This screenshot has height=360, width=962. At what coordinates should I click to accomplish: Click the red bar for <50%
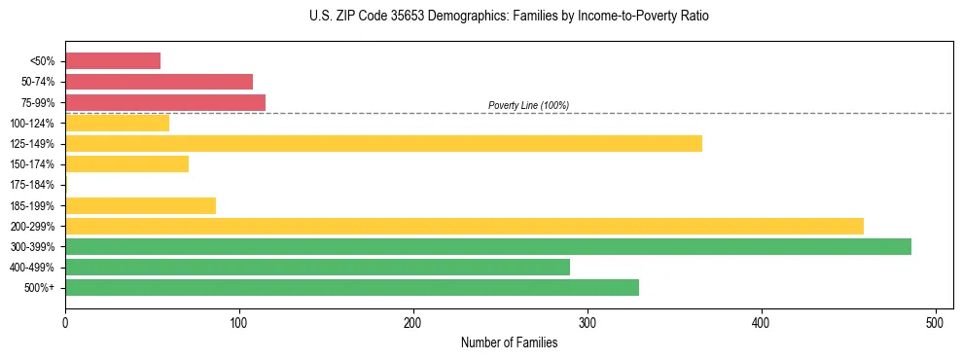(113, 60)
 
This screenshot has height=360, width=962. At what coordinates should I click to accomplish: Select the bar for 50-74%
(159, 82)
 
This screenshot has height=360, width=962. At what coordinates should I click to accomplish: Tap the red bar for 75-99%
(165, 102)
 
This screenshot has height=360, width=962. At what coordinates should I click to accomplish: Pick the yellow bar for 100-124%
(117, 123)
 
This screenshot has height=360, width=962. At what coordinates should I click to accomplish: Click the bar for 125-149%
(383, 143)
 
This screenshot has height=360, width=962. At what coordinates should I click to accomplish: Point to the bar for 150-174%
(126, 163)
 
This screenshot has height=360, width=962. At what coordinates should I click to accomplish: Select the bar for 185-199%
(140, 205)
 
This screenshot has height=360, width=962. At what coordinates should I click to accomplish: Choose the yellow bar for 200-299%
(464, 226)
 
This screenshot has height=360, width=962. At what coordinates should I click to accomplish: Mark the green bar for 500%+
(352, 287)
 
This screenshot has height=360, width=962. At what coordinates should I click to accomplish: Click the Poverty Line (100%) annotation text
(528, 105)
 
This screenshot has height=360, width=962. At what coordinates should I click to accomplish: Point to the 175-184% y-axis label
(32, 185)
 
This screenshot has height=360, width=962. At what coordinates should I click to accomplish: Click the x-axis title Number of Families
(509, 342)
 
